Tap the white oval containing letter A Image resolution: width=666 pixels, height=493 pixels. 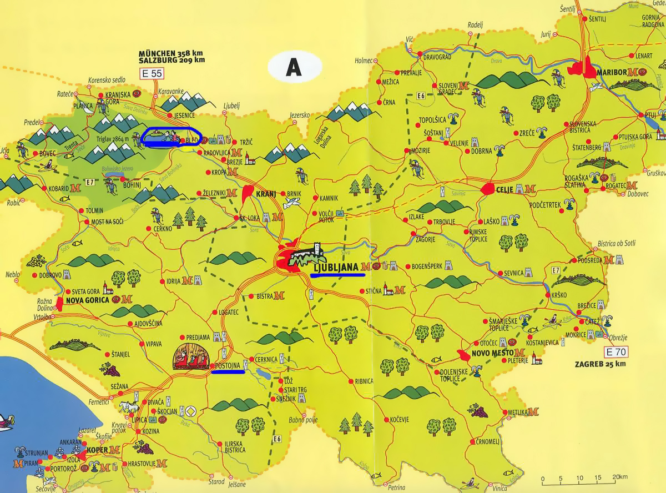point(294,67)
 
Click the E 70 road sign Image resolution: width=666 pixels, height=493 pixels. point(616,351)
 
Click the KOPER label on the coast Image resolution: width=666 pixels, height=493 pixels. point(97,449)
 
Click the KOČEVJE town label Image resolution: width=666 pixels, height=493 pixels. point(399,419)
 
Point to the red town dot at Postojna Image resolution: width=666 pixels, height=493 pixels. point(213,365)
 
